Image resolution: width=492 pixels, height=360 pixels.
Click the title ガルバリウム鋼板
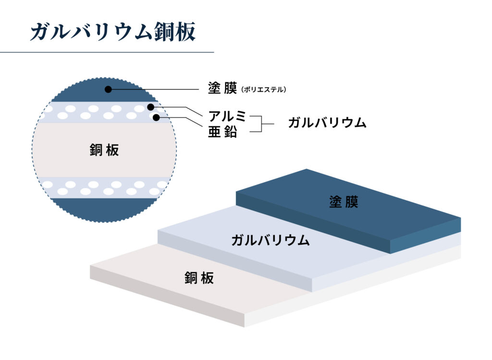tap(113, 32)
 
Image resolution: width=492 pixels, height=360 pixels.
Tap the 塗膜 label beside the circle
tap(222, 88)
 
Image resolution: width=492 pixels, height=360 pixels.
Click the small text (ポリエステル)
tap(264, 89)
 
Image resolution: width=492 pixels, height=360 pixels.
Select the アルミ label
tap(227, 116)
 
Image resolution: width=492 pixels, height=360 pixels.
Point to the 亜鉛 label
tap(222, 132)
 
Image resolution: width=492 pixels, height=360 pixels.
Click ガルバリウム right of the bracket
tap(327, 123)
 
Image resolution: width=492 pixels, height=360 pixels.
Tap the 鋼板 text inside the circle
tap(104, 149)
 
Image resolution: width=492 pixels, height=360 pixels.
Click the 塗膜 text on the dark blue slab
tap(344, 202)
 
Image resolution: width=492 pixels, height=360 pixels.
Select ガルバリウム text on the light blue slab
tap(271, 240)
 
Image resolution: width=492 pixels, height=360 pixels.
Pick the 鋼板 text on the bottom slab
tap(199, 278)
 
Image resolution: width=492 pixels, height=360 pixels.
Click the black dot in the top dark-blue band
tap(108, 89)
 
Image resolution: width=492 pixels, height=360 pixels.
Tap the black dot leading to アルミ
tap(151, 107)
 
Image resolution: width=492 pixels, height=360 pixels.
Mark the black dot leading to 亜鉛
tap(156, 118)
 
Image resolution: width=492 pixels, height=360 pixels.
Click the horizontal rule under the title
tap(107, 52)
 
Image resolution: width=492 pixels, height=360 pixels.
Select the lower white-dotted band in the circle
tap(104, 187)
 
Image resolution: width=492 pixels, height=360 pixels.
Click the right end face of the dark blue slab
tap(426, 236)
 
